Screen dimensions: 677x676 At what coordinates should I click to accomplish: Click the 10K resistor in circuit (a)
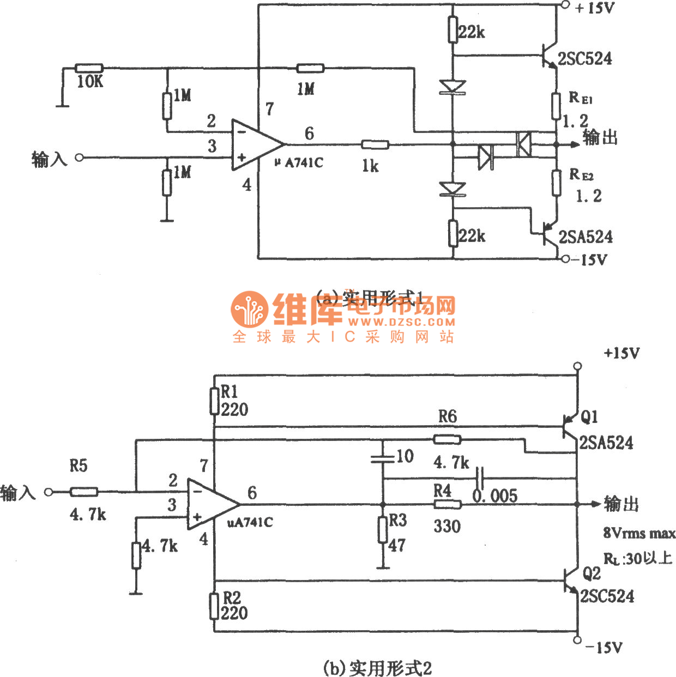click(89, 68)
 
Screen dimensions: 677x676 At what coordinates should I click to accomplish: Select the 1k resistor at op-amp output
click(375, 144)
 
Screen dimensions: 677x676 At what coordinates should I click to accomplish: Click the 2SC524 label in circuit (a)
click(585, 58)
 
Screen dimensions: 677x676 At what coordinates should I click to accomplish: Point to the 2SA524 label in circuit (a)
click(586, 237)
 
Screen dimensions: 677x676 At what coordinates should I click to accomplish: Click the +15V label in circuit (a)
click(595, 8)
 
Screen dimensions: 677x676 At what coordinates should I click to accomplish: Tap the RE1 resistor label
click(580, 98)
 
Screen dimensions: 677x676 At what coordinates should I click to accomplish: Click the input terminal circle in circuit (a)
click(80, 158)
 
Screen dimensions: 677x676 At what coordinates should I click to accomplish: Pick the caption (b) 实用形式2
click(377, 667)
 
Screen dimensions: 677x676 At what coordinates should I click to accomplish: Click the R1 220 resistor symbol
click(214, 401)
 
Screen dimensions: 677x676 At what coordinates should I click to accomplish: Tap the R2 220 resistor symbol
click(214, 606)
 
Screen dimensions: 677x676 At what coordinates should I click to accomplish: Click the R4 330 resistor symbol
click(448, 504)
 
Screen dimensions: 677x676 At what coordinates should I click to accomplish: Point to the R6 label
click(447, 417)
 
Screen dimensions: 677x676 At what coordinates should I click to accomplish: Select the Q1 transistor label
click(589, 417)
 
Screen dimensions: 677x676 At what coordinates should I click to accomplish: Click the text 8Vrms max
click(639, 533)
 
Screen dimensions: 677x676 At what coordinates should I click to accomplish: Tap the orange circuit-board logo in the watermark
click(250, 309)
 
